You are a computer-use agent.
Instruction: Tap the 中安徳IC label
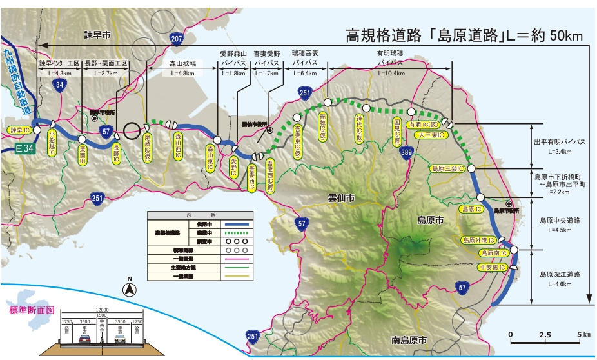click(x=493, y=267)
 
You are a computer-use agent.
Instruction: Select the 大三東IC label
click(x=429, y=135)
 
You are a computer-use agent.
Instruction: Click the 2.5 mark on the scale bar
click(x=544, y=335)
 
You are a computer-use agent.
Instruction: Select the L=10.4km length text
click(x=390, y=74)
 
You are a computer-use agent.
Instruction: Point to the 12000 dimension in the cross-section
click(x=95, y=310)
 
